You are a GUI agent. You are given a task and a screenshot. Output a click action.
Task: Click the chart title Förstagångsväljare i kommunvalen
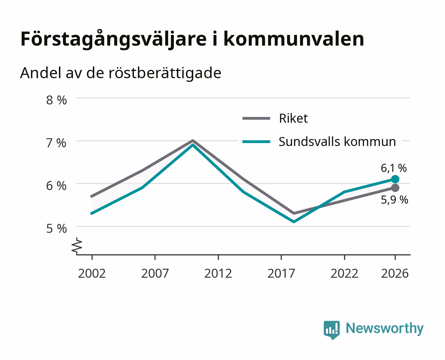click(x=192, y=39)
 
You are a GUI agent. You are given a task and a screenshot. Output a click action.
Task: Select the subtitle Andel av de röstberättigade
click(x=121, y=73)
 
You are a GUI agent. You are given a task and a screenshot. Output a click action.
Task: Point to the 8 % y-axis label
click(x=56, y=100)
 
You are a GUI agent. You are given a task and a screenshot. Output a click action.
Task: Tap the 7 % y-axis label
click(x=56, y=143)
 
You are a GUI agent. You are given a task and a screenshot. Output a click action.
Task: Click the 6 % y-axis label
click(x=56, y=186)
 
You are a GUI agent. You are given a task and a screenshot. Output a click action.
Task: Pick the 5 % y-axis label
click(x=56, y=229)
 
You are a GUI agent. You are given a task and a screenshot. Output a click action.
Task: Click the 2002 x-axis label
click(x=92, y=273)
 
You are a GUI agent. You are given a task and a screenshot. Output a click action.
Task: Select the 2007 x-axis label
click(x=155, y=273)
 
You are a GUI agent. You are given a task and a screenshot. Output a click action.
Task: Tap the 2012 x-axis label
click(x=218, y=273)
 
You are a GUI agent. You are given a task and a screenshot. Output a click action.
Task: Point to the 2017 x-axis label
click(x=281, y=273)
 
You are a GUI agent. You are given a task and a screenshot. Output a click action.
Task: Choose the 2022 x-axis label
click(x=344, y=273)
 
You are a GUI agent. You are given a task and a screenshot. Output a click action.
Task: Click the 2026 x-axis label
click(x=395, y=273)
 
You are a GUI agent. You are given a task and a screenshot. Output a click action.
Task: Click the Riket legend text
click(x=293, y=118)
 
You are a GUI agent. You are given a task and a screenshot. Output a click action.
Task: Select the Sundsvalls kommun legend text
click(x=337, y=142)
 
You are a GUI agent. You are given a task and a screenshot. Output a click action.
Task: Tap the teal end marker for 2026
click(x=395, y=179)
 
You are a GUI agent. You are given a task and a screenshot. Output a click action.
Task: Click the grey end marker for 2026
click(x=395, y=188)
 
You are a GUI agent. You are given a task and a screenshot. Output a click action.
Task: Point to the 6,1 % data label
click(x=394, y=168)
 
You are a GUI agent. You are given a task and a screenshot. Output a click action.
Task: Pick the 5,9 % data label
click(x=394, y=200)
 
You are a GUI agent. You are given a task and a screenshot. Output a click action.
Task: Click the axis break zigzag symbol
click(x=77, y=246)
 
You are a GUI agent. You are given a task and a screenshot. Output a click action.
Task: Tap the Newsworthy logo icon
click(x=331, y=330)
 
